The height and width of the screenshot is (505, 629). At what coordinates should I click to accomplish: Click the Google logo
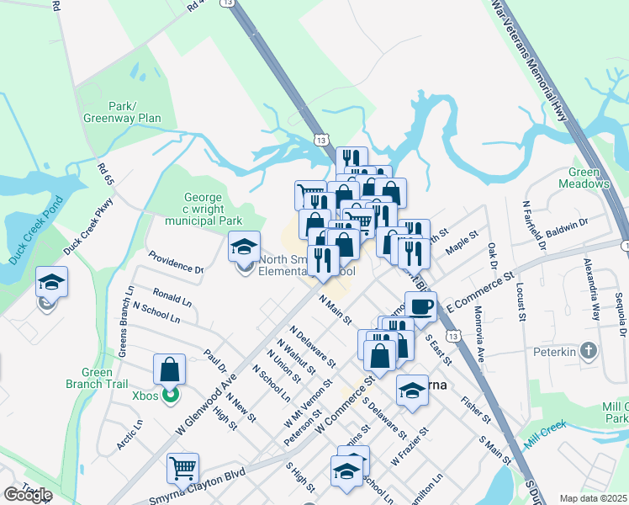[x=28, y=495]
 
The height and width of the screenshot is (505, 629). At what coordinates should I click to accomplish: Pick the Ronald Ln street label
[x=172, y=299]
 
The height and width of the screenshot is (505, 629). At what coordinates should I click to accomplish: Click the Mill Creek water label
[x=542, y=438]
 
